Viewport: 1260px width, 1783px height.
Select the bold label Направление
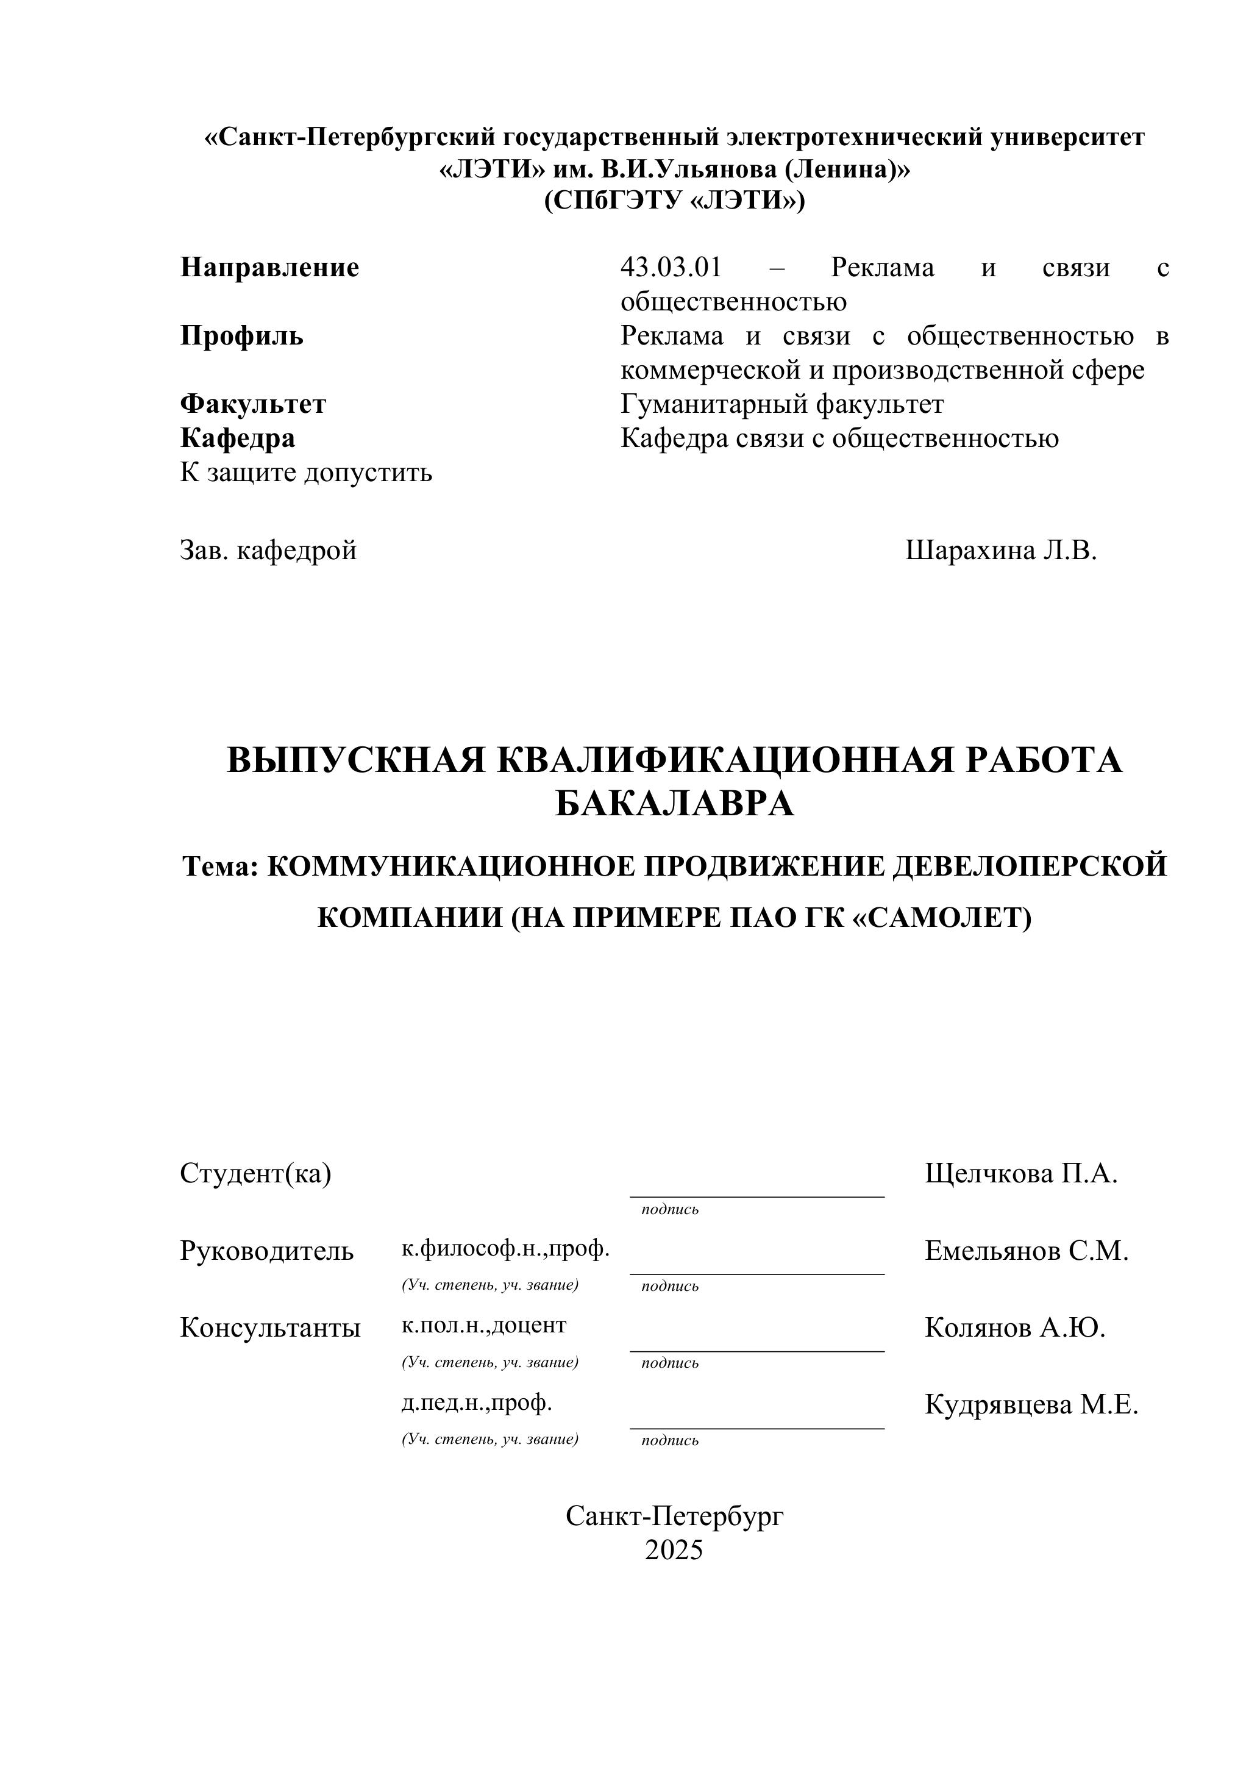pos(269,267)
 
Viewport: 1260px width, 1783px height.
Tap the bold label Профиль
pos(241,335)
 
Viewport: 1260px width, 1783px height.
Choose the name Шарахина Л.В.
pos(1001,550)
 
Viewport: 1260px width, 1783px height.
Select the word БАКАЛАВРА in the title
pos(674,803)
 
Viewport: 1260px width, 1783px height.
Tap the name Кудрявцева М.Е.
pos(1031,1404)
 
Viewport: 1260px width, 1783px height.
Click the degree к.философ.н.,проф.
pos(505,1248)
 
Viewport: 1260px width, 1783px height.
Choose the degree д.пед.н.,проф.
pos(477,1402)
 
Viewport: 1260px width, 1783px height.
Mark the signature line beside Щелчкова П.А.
pos(757,1196)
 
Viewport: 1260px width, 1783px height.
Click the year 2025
pos(674,1549)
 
